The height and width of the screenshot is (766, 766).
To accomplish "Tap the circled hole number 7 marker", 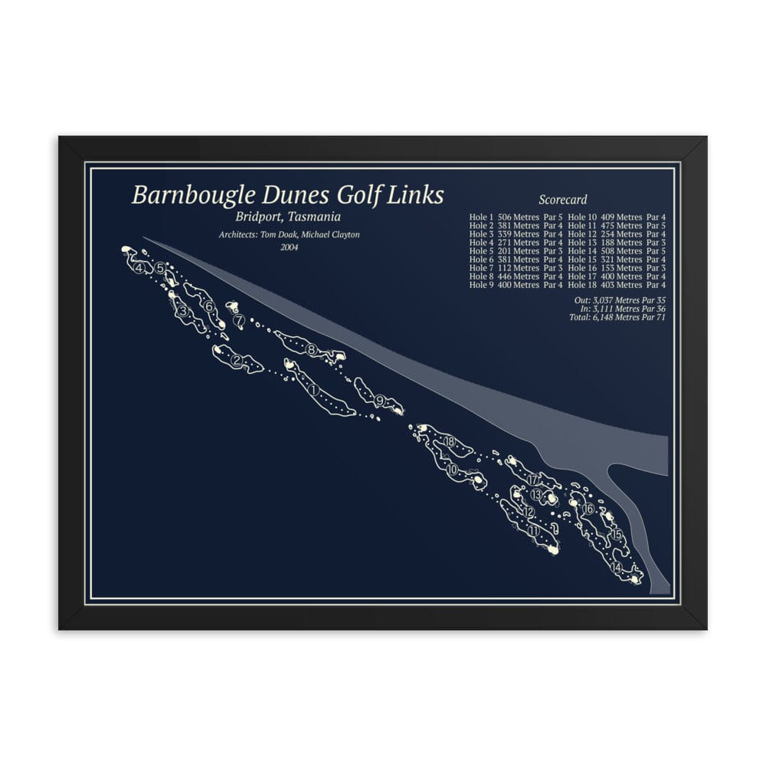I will point(240,319).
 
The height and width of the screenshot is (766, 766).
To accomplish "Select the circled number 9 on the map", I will point(380,400).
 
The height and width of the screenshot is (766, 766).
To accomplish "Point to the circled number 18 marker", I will point(449,441).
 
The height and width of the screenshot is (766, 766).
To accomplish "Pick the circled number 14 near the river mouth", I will point(617,568).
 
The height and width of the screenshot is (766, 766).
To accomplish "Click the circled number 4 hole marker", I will point(139,267).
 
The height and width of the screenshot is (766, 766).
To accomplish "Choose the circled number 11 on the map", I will point(533,530).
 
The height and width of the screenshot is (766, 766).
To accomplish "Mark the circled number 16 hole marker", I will point(588,509).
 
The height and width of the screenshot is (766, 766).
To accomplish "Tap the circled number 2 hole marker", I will point(237,361).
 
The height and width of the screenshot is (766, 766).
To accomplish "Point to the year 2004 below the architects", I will point(290,247).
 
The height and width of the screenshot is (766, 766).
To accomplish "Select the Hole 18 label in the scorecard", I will point(584,285).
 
